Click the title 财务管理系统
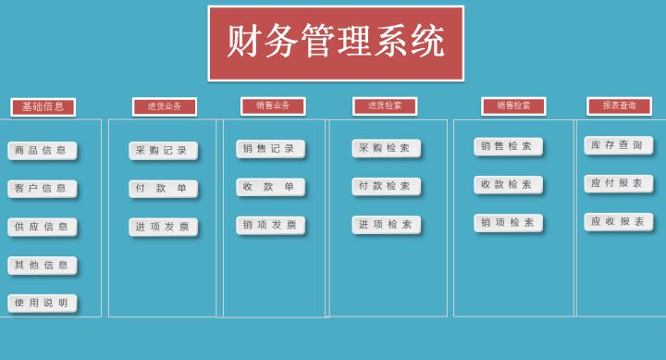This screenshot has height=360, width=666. point(336,43)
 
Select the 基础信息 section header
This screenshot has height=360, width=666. point(43,106)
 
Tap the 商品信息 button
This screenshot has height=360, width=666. point(43,150)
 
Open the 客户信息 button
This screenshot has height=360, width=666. point(43,189)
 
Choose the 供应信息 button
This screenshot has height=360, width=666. point(43,227)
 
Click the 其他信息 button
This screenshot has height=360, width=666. point(43,266)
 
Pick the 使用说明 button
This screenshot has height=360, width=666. point(43,303)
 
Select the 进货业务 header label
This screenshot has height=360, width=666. point(165,106)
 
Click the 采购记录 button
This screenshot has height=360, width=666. point(163,150)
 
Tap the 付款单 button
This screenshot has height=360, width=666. point(163,189)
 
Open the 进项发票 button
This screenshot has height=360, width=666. point(163,227)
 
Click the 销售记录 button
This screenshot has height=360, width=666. point(270,149)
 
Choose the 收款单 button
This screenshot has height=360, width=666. point(270,187)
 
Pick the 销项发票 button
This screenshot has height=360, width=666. point(270,225)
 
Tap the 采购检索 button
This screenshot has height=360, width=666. point(386,148)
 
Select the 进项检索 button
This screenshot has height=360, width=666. point(386,225)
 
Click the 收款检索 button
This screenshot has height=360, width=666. point(508,185)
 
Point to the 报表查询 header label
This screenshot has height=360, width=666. point(619,106)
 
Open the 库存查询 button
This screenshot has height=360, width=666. point(618,145)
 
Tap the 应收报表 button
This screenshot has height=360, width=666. point(618,222)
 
